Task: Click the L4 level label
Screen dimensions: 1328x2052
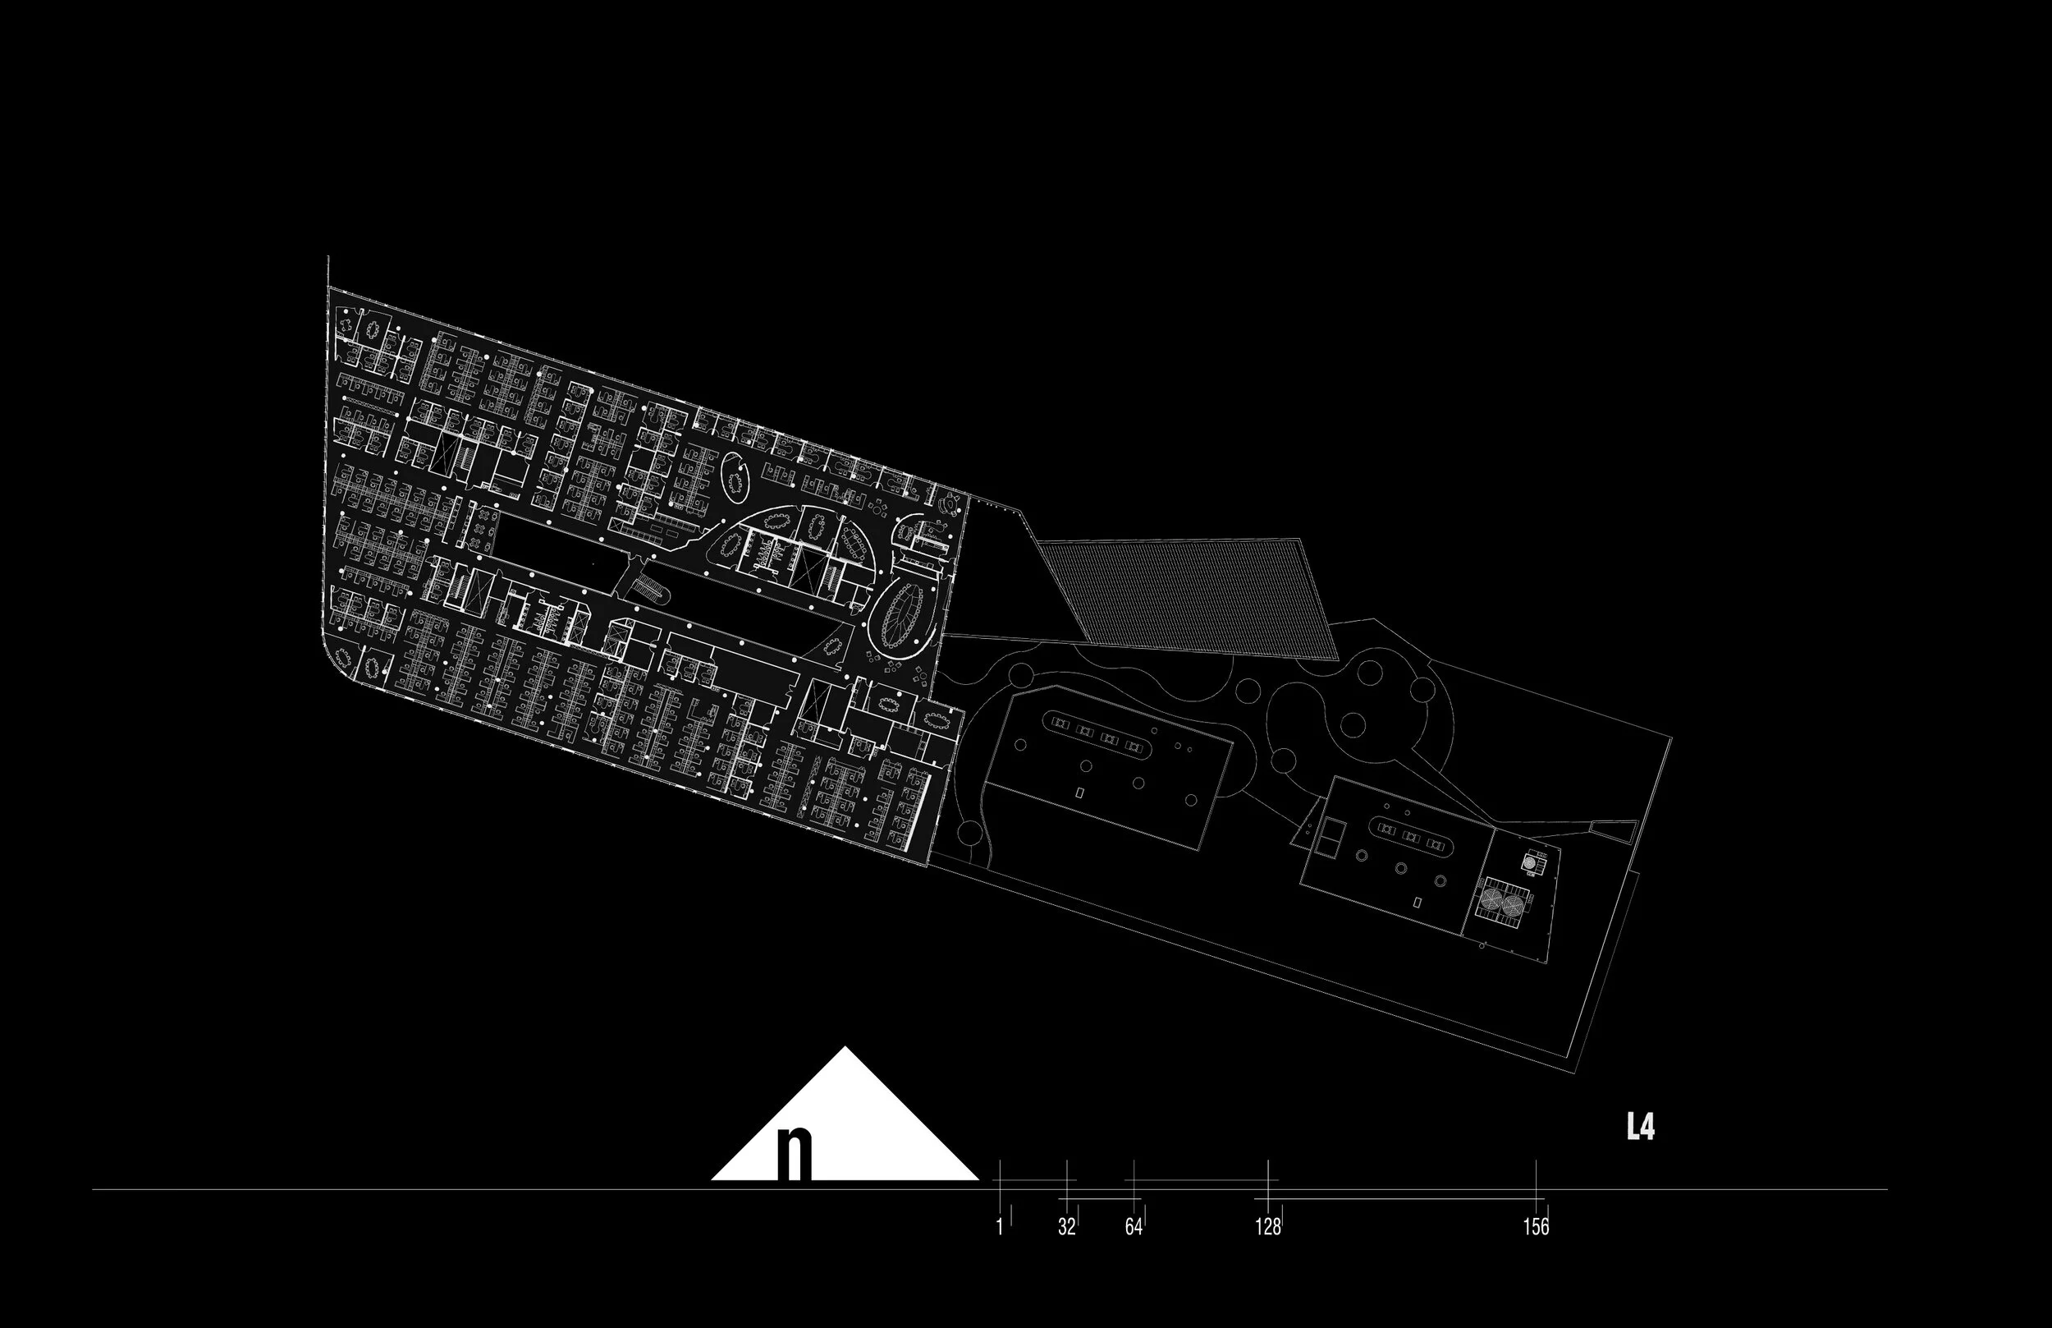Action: (x=1640, y=1127)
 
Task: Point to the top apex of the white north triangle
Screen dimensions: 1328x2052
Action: (x=845, y=1049)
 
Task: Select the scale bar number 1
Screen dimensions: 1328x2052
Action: (x=999, y=1226)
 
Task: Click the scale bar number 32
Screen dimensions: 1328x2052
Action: (x=1066, y=1226)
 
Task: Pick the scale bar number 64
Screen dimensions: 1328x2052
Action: (x=1134, y=1226)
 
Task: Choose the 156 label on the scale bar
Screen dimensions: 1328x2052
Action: (x=1536, y=1226)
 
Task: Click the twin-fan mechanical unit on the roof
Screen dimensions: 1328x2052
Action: (x=1501, y=903)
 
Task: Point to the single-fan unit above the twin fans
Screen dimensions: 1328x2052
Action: (x=1530, y=862)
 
